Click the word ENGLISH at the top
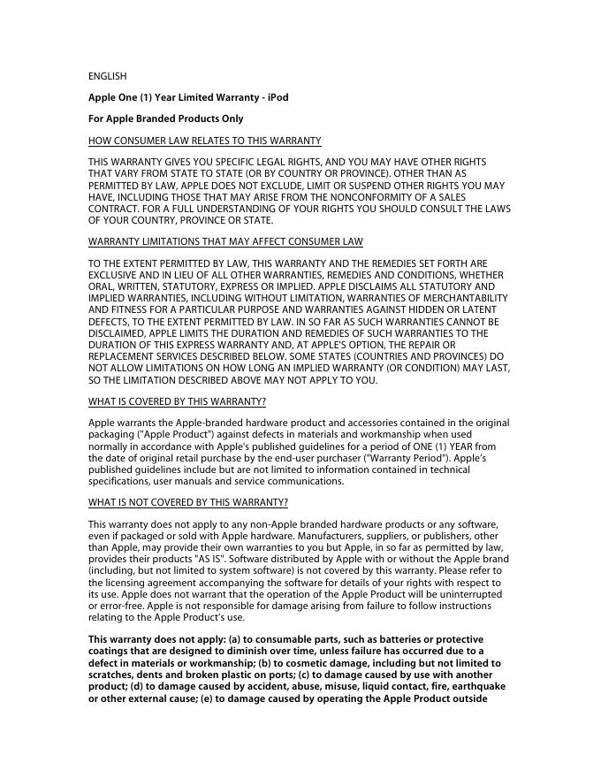[107, 76]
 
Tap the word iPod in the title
[278, 97]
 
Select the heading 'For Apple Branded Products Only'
[165, 118]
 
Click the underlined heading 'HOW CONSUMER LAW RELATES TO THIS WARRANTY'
[204, 141]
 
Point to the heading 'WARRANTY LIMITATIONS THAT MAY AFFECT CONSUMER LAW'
[225, 242]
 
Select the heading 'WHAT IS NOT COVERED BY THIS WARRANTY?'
[187, 503]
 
